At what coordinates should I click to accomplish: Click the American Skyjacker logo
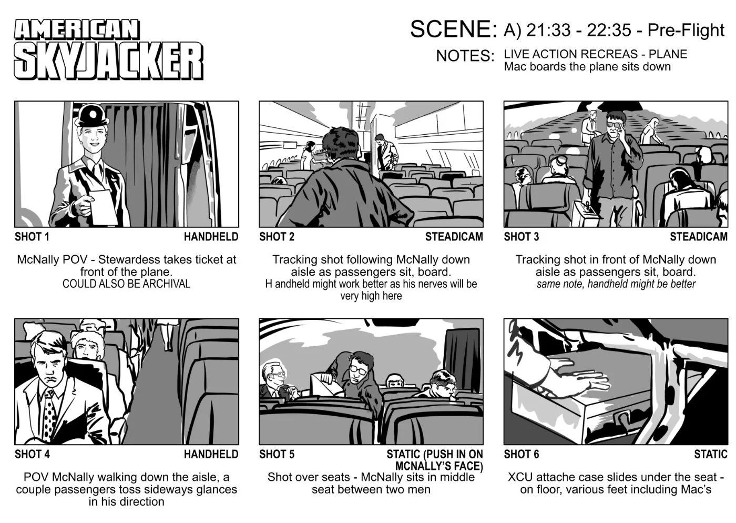point(108,50)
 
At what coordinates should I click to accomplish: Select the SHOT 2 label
point(277,237)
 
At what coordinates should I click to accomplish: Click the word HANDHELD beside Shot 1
point(211,237)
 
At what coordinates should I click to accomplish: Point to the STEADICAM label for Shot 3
point(698,237)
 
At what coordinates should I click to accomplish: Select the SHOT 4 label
point(32,454)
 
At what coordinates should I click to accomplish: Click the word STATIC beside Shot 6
point(710,454)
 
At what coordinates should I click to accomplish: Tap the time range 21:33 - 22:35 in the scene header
point(578,31)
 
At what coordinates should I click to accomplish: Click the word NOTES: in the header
point(465,56)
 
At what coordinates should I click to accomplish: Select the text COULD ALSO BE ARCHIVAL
point(126,284)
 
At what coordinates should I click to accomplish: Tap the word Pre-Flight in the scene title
point(686,31)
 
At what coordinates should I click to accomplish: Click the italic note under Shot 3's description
point(616,284)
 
